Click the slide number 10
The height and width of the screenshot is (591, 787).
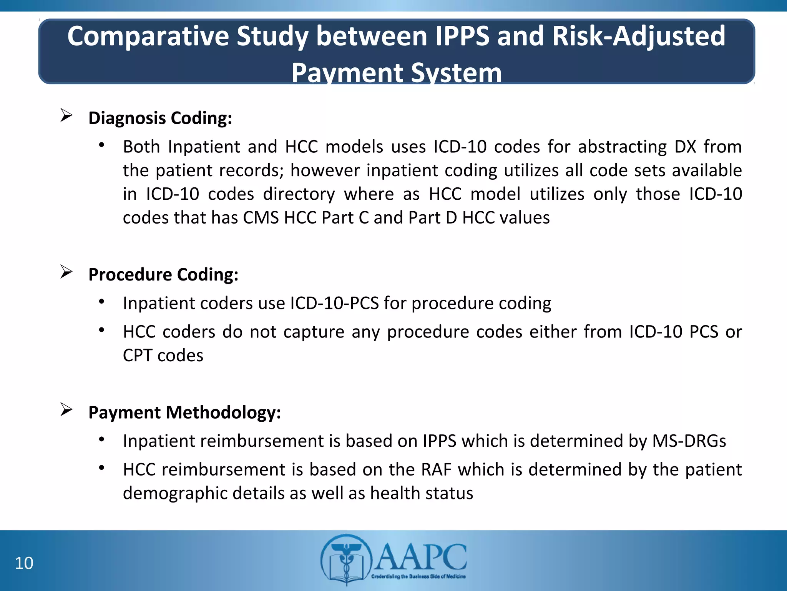click(x=24, y=563)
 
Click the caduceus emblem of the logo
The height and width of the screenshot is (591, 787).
click(x=346, y=560)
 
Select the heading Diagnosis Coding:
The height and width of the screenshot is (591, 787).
click(x=160, y=118)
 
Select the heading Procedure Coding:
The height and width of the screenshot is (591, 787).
click(x=163, y=274)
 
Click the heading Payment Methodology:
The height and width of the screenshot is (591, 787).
click(x=184, y=412)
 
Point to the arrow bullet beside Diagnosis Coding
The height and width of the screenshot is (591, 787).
click(x=66, y=115)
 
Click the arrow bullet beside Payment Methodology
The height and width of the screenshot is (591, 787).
click(x=66, y=410)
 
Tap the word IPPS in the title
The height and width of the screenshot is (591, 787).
click(x=462, y=36)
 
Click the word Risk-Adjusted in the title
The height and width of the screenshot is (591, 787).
click(x=638, y=36)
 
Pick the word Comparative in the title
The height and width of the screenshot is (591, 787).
click(x=148, y=36)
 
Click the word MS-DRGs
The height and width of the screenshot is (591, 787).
click(x=689, y=441)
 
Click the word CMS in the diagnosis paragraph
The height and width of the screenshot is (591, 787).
click(x=261, y=218)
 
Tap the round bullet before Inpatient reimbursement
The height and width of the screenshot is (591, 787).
click(x=101, y=439)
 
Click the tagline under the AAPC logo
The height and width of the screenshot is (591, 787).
click(x=418, y=576)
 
